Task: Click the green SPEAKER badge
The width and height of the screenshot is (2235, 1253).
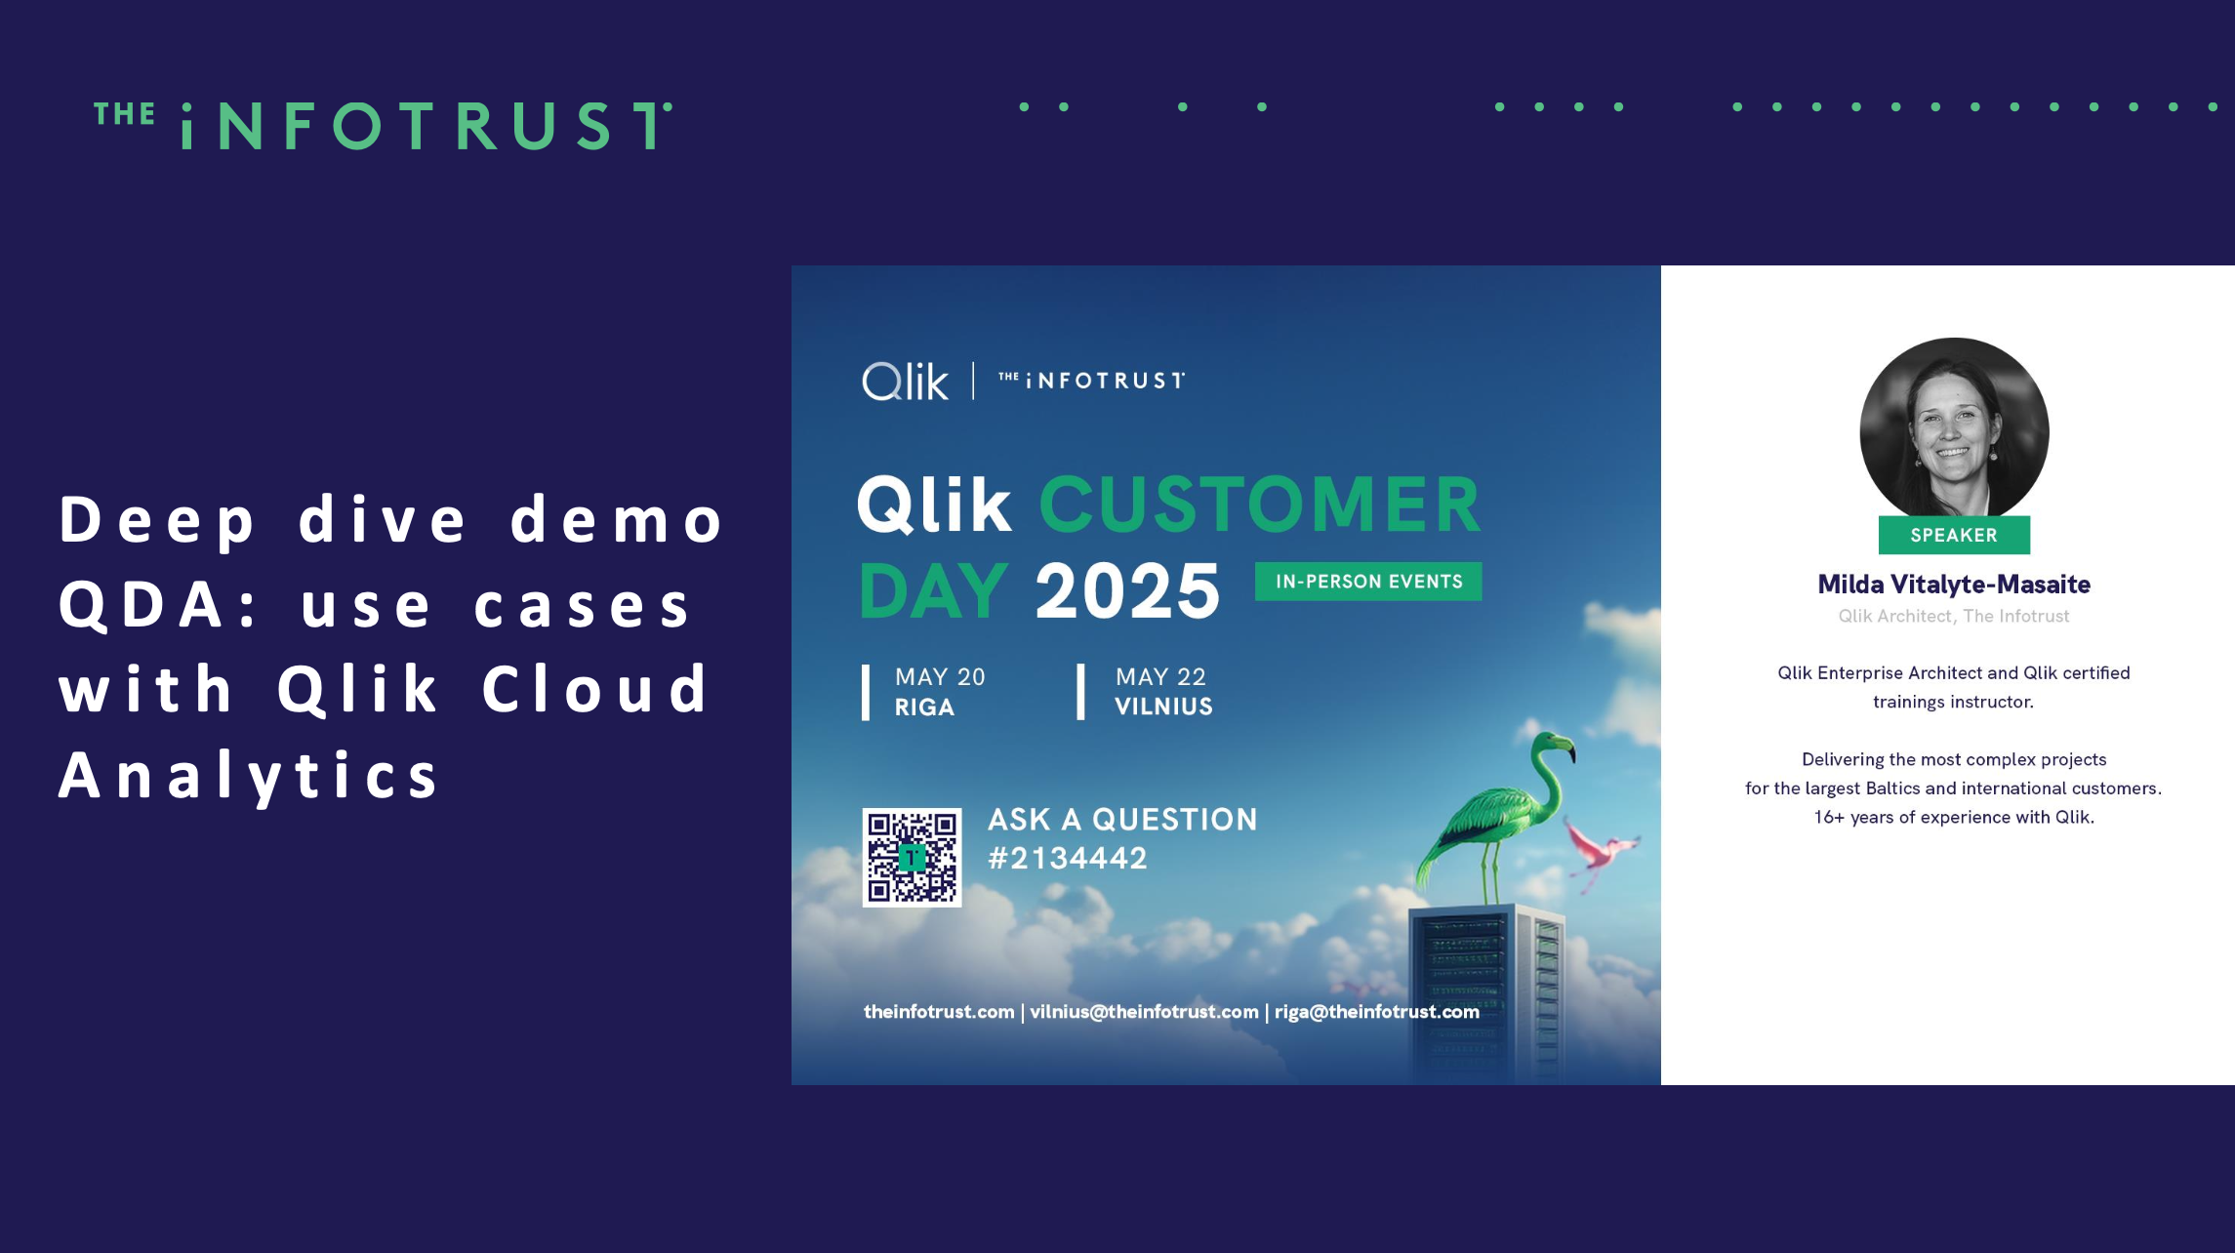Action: (1954, 535)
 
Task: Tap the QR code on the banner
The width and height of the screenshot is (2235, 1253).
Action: (912, 857)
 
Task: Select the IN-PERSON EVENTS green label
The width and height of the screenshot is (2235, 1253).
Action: (1368, 582)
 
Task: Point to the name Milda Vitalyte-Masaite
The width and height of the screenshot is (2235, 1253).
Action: (1954, 585)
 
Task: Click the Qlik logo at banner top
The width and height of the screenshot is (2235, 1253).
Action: (905, 381)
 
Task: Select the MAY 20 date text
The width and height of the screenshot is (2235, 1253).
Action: (940, 676)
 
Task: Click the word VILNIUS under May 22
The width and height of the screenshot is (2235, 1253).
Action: (1163, 707)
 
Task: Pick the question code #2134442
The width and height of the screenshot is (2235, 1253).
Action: (1068, 859)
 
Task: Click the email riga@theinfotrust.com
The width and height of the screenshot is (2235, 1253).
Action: (1377, 1012)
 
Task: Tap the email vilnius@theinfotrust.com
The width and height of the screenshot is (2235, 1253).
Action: (1144, 1012)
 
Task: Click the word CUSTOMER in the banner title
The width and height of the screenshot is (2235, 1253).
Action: (1260, 505)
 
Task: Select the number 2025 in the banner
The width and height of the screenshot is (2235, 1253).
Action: (1127, 590)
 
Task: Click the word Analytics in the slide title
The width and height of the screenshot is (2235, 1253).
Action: (250, 777)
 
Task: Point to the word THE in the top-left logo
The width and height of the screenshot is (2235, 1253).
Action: (124, 115)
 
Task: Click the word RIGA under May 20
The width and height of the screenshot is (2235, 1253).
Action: (924, 707)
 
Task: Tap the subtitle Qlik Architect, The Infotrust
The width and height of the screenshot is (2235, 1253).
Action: (1954, 616)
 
